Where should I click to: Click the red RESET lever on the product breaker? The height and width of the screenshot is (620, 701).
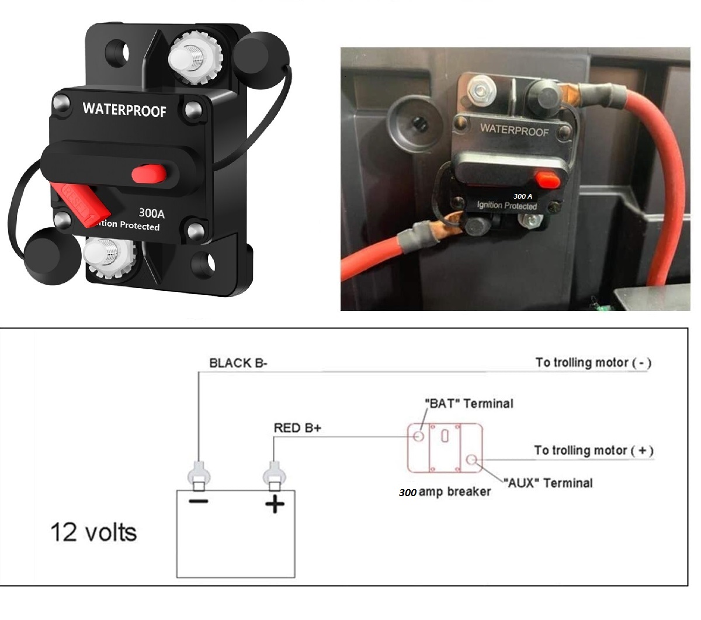tap(82, 205)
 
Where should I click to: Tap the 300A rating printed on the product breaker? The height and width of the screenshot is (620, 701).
tap(151, 213)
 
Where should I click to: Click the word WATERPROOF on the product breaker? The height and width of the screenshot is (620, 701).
tap(124, 110)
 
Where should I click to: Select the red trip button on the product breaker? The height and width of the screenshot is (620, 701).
tap(149, 174)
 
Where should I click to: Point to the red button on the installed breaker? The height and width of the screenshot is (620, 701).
tap(547, 179)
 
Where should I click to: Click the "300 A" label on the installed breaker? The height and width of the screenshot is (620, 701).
tap(522, 196)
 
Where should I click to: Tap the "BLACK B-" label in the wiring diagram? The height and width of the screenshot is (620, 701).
tap(238, 363)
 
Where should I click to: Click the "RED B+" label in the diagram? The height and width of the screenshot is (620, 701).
tap(297, 428)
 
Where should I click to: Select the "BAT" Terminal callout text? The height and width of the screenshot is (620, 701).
tap(469, 404)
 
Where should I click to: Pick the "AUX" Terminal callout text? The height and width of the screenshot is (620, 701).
tap(548, 483)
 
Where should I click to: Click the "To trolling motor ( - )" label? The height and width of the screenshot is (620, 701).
tap(594, 363)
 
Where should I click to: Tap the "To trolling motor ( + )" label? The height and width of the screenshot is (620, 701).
tap(594, 451)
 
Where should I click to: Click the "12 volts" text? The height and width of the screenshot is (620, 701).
tap(94, 532)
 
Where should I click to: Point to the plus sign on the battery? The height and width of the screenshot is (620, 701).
tap(275, 504)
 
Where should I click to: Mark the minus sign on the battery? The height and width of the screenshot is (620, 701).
tap(199, 501)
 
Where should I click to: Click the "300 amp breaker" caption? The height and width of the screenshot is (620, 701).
tap(445, 492)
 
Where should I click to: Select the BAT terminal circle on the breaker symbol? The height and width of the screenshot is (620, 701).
tap(419, 436)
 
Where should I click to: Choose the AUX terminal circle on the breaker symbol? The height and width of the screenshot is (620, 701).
tap(471, 460)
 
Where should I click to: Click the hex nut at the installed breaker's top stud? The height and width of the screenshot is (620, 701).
tap(481, 91)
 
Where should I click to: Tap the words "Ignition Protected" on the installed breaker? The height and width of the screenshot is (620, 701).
tap(507, 206)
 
